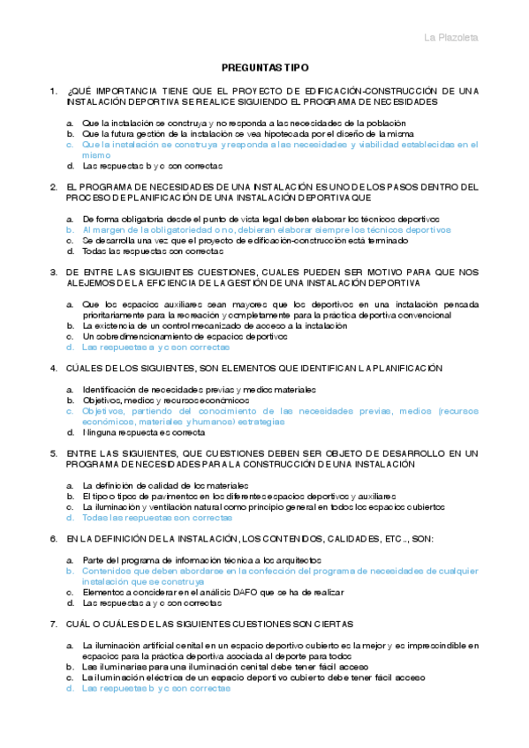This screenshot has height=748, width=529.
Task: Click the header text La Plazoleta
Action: pos(451,38)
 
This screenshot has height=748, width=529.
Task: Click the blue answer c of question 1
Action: pos(279,144)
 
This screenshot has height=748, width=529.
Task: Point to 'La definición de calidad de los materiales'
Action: pos(165,485)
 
